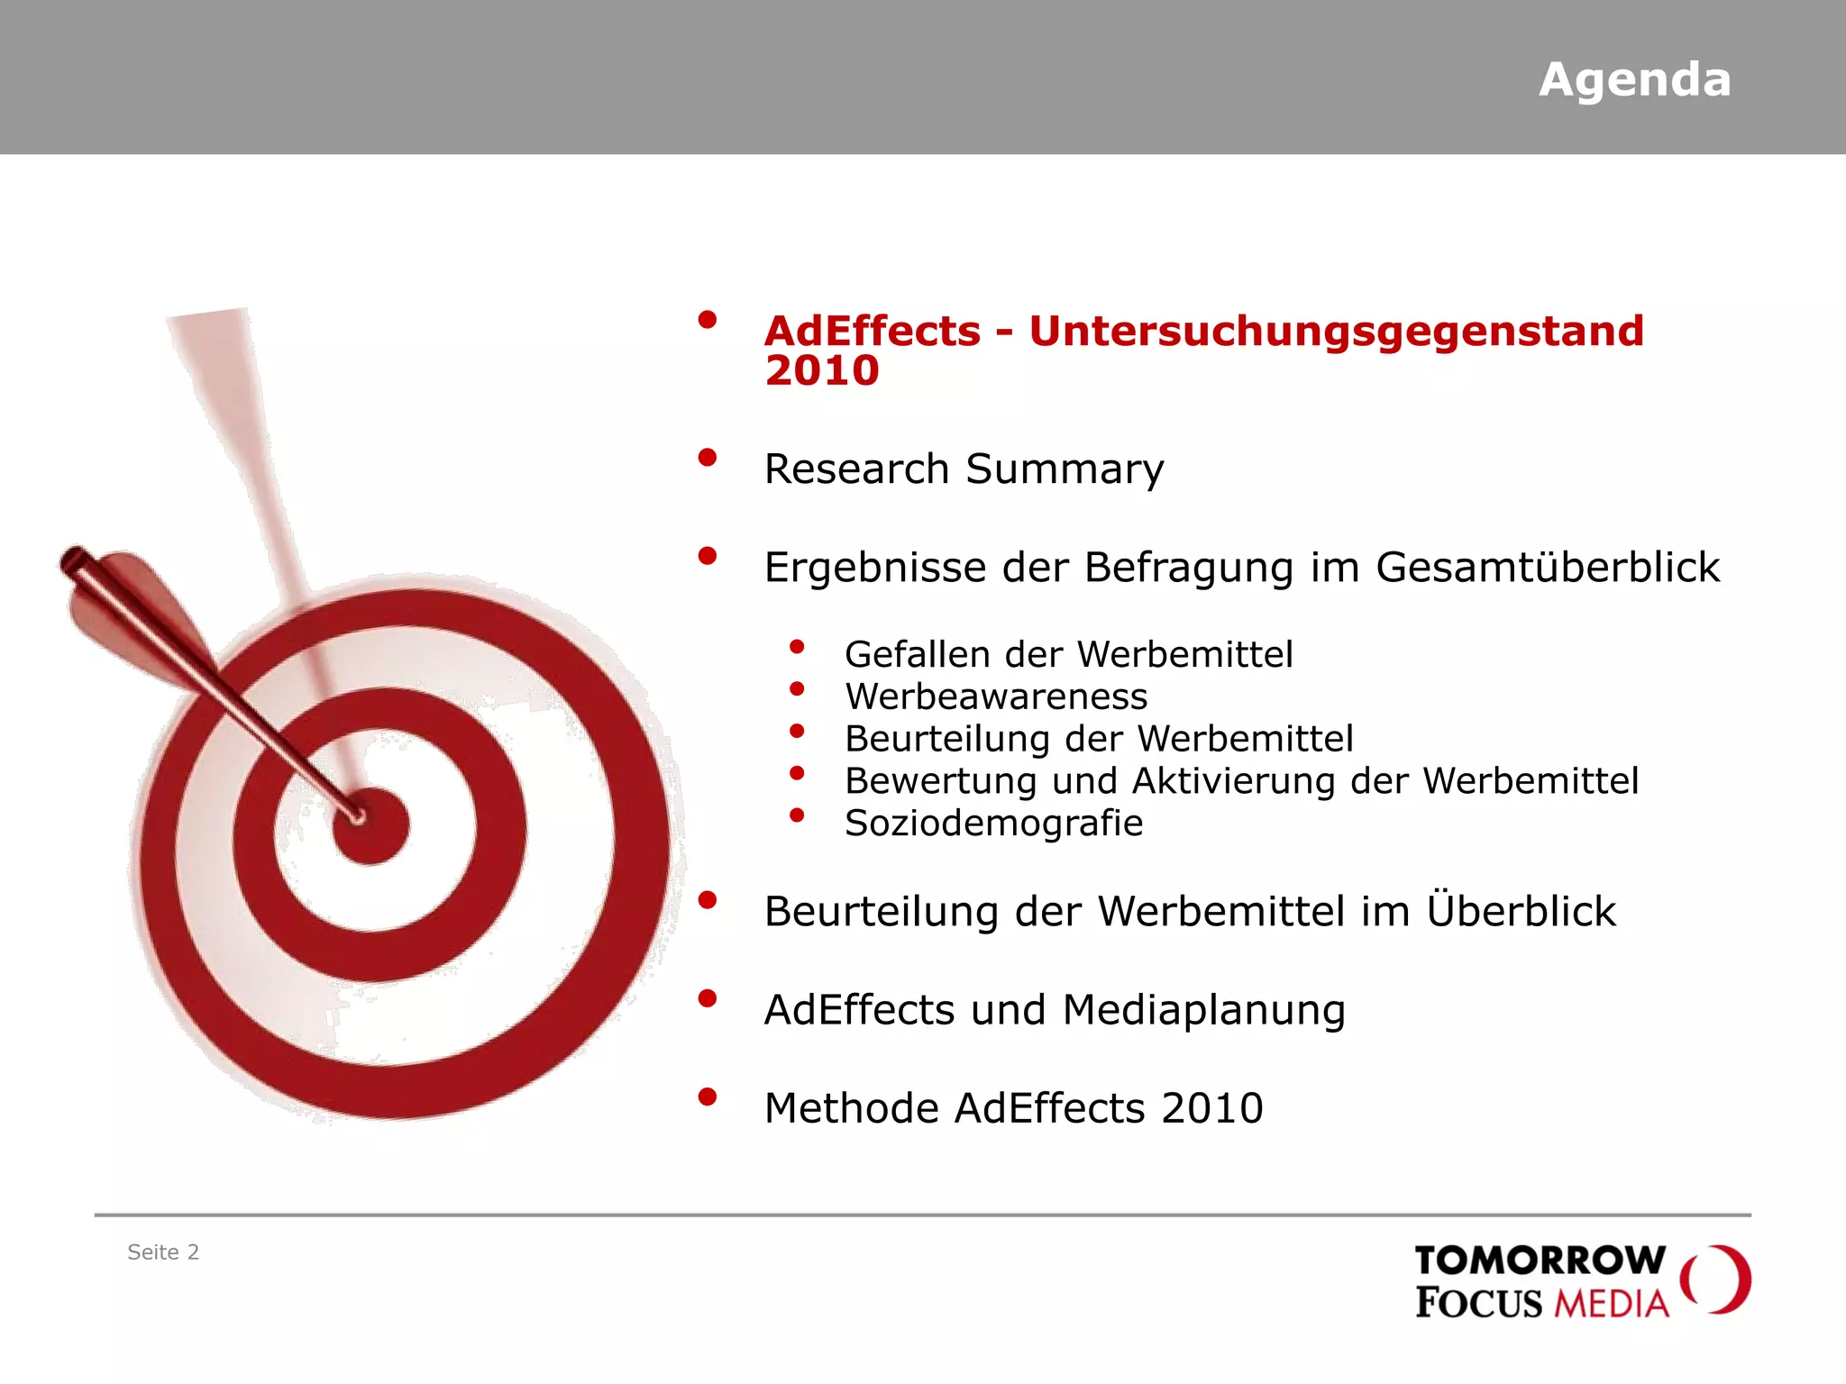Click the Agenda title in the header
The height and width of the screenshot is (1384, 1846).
[x=1634, y=80]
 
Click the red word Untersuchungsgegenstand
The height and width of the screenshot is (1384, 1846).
[x=1336, y=332]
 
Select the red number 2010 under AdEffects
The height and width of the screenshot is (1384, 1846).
[x=821, y=371]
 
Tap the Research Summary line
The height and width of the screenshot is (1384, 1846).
[x=964, y=469]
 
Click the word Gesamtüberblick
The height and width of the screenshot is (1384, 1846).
[x=1547, y=568]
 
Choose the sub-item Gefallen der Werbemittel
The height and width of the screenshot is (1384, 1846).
[x=1068, y=654]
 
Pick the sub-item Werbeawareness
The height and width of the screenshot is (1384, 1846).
[x=996, y=697]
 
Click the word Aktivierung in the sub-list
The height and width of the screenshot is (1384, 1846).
[x=1233, y=781]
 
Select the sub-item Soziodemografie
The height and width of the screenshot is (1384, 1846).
[x=993, y=824]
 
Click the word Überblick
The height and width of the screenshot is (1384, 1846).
[x=1521, y=910]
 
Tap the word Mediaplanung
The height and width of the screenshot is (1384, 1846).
[x=1203, y=1010]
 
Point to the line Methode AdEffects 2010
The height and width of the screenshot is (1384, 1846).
[x=1013, y=1108]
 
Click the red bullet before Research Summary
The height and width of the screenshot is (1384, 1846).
[x=708, y=458]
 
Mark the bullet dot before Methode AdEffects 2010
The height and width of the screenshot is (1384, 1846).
[x=708, y=1097]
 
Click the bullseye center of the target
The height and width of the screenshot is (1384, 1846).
[x=370, y=826]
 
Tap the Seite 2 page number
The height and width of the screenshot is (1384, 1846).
[x=163, y=1252]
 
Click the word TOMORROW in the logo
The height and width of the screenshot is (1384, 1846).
[x=1540, y=1261]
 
